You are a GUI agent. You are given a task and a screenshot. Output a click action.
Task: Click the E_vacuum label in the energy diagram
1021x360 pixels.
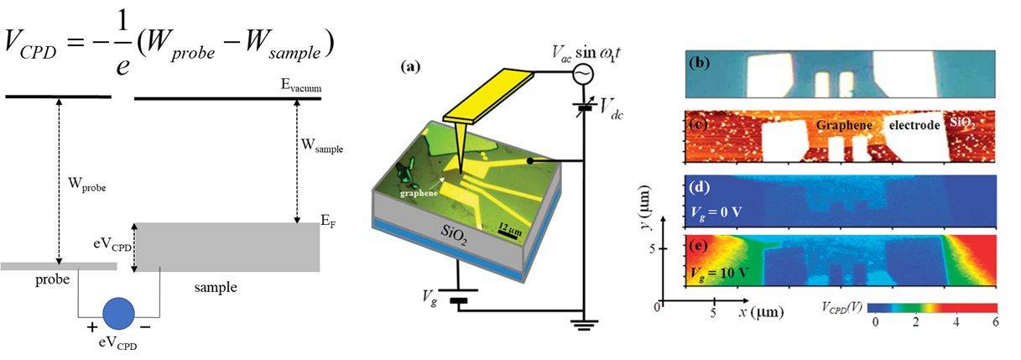tap(302, 86)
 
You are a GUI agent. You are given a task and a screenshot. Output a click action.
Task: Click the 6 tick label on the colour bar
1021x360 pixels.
tap(995, 322)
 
